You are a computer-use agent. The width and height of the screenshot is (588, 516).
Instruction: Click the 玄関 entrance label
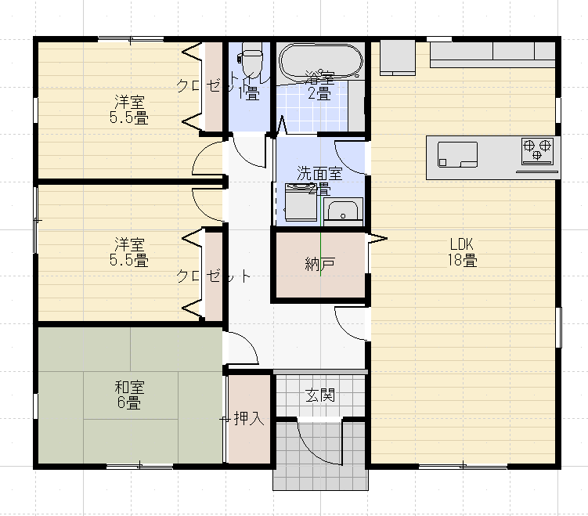coord(319,395)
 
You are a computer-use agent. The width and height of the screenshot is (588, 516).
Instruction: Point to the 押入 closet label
coord(249,418)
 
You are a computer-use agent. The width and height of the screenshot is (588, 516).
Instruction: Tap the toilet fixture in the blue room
coord(251,60)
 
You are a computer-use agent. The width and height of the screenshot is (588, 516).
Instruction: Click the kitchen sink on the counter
coord(457,153)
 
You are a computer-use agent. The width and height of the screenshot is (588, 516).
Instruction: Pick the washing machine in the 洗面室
coord(299,204)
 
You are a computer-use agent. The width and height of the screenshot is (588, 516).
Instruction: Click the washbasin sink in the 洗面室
coord(342,210)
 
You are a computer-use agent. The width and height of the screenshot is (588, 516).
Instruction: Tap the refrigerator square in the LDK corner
coord(397,59)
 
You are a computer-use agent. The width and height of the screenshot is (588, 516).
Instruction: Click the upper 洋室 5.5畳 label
coord(129,110)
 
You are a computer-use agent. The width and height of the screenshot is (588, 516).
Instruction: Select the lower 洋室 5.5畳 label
coord(129,252)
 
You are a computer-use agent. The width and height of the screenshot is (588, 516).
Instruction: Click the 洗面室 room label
coord(319,174)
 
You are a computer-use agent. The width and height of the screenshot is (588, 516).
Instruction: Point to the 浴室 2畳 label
coord(319,85)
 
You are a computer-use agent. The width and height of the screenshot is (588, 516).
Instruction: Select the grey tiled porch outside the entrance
coord(319,470)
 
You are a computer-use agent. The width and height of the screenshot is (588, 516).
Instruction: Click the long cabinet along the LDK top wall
coord(492,53)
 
